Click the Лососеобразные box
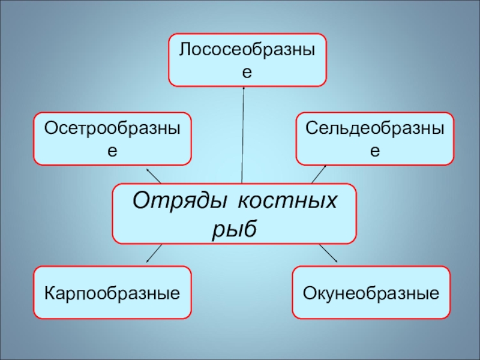[247, 60]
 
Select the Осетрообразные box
[112, 139]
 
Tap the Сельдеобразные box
[375, 139]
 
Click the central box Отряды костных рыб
[235, 214]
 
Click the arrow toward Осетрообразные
[154, 175]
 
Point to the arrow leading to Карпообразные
[154, 253]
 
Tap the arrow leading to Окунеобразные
[328, 253]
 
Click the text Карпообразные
[112, 293]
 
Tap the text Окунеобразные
[371, 293]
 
